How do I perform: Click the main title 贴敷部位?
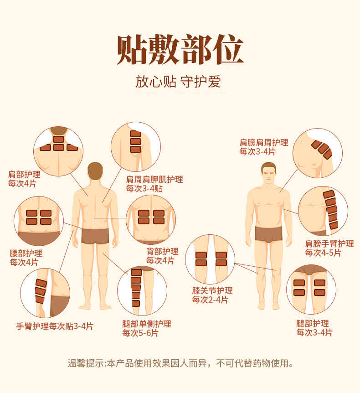[180, 50]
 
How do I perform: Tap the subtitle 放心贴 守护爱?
[178, 82]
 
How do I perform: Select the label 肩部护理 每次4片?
[24, 179]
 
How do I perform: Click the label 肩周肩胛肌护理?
[154, 179]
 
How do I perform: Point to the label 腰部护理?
[26, 253]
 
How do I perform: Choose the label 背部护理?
[162, 251]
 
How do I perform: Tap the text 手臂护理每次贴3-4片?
[55, 326]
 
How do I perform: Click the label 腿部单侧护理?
[147, 324]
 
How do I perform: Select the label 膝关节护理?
[212, 290]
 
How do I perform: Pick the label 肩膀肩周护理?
[264, 142]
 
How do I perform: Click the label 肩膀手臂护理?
[329, 243]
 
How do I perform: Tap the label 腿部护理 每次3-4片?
[314, 328]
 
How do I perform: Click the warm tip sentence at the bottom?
[180, 363]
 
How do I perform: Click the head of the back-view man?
[95, 171]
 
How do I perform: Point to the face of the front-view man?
[268, 173]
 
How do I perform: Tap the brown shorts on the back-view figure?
[95, 236]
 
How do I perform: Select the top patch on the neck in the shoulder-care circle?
[58, 140]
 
